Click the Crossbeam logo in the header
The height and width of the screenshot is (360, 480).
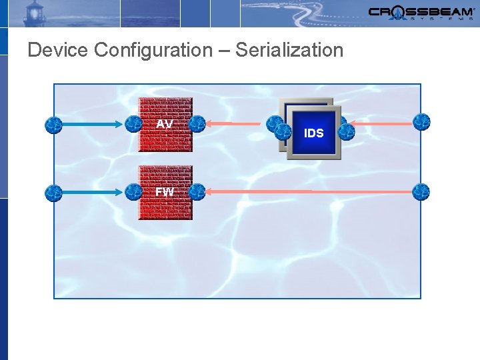[421, 13]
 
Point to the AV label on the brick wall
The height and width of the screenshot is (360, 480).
[165, 124]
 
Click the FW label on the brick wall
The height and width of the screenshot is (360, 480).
[165, 192]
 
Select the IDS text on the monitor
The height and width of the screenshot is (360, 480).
[314, 133]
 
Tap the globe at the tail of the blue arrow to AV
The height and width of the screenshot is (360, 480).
[53, 124]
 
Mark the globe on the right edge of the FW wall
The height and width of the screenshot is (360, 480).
[197, 193]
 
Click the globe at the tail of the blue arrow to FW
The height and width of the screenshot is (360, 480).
[53, 193]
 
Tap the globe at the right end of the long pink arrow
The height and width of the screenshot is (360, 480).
[421, 192]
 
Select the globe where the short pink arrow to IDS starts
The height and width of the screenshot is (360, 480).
[421, 122]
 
